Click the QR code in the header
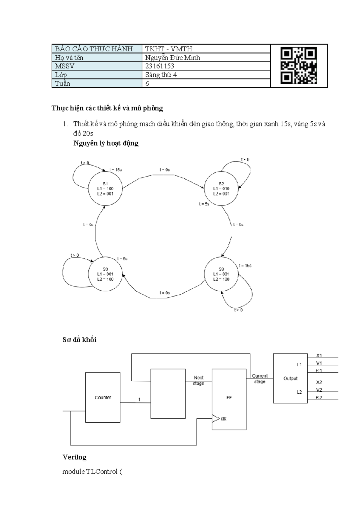(x=298, y=66)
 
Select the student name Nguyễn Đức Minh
(x=172, y=58)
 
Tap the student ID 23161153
(x=160, y=66)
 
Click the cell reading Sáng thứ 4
(x=161, y=75)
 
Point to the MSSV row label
(x=65, y=66)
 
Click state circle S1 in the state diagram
(x=105, y=189)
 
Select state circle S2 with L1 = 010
(x=221, y=189)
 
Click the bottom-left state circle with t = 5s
(x=105, y=274)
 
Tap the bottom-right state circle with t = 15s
(x=221, y=274)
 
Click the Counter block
(x=103, y=397)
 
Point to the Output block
(x=290, y=379)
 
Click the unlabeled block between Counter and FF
(x=168, y=394)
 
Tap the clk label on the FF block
(x=224, y=419)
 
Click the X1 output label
(x=319, y=355)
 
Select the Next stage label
(x=198, y=380)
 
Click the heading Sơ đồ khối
(x=79, y=340)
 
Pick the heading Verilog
(x=75, y=457)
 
